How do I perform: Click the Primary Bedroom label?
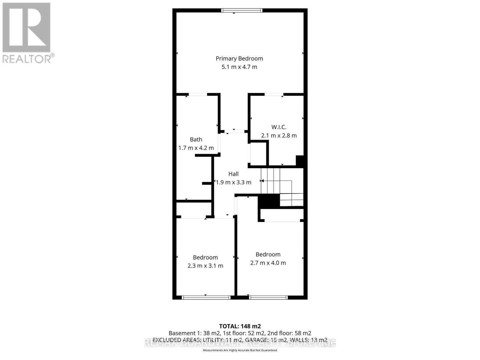[x=239, y=58]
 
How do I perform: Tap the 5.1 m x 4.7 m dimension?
[x=239, y=67]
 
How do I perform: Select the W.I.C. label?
[x=279, y=127]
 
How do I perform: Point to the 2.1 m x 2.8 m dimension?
[x=279, y=136]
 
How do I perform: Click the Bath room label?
[x=196, y=139]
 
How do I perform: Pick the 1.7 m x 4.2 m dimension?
[x=196, y=148]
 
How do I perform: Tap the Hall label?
[x=233, y=174]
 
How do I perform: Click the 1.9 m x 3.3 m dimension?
[x=233, y=182]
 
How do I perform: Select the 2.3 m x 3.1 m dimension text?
[x=205, y=266]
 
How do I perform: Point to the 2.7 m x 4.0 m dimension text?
[x=268, y=263]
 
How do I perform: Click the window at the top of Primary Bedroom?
[x=242, y=10]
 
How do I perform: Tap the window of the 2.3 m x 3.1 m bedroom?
[x=206, y=298]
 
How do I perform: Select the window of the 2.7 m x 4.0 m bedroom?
[x=268, y=298]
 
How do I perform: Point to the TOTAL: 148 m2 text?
[x=240, y=326]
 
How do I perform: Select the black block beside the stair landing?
[x=269, y=201]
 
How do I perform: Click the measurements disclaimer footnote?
[x=240, y=350]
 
